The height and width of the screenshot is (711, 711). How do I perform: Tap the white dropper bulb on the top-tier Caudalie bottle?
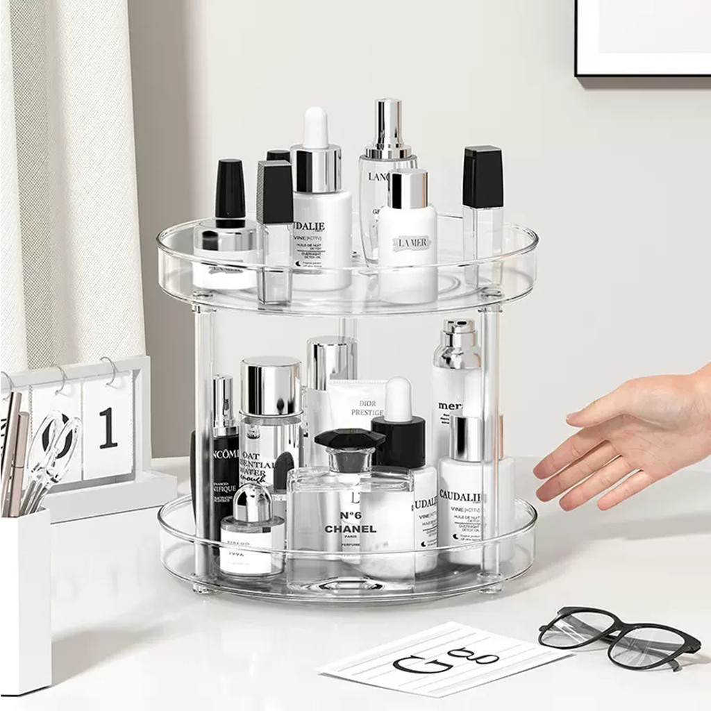tap(316, 128)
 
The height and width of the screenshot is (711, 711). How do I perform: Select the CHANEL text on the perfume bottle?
tap(351, 529)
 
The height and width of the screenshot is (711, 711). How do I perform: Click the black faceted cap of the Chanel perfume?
tap(349, 440)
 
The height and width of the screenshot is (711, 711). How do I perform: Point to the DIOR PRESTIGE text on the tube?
tap(367, 406)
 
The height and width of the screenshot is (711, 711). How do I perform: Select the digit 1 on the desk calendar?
tap(107, 428)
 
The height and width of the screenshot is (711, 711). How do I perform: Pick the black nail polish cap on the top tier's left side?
tap(230, 189)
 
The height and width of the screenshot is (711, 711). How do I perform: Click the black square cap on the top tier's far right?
tap(483, 177)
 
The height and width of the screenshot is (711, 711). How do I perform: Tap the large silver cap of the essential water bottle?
tap(271, 385)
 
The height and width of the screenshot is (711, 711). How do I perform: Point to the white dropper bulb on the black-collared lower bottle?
tap(399, 399)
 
